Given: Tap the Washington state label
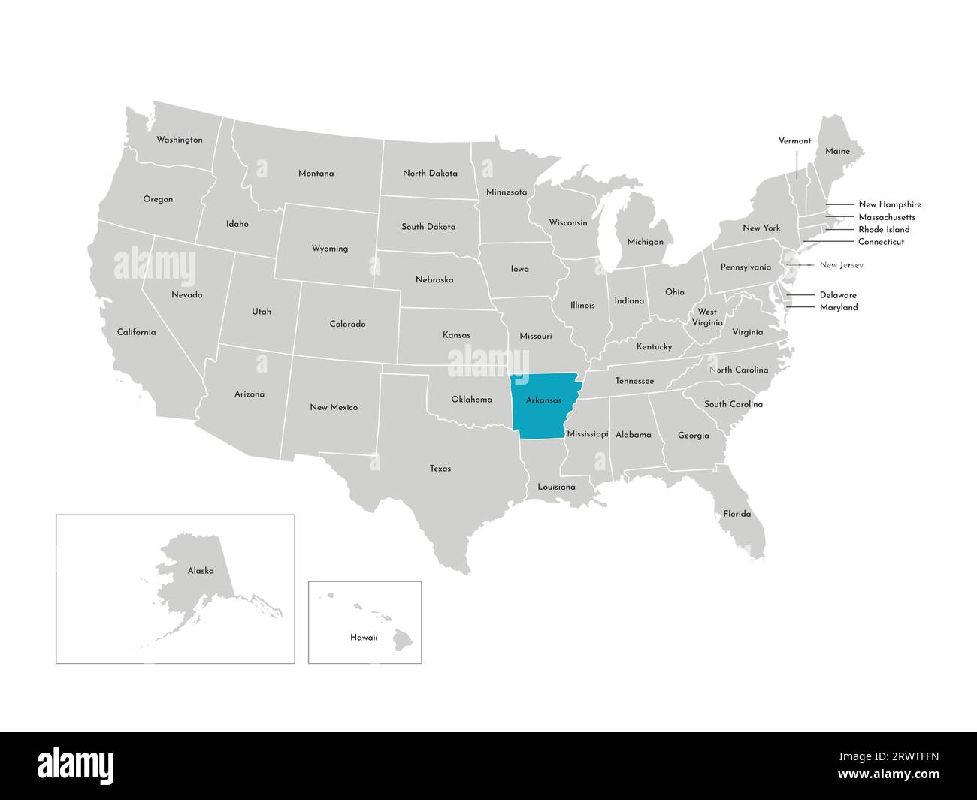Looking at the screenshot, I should [x=179, y=140].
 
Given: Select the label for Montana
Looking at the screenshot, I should [x=316, y=174].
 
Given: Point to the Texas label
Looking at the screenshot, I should [x=440, y=469].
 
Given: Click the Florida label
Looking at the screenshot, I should [x=737, y=515].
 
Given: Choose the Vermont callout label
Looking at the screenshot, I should [x=794, y=141].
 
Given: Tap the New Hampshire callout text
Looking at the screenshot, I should [x=890, y=204].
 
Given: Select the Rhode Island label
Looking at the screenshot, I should [x=884, y=230].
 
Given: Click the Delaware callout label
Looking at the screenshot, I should [x=838, y=295].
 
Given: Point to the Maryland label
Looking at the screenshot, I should [x=839, y=307].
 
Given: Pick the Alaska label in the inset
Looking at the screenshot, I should [x=201, y=571].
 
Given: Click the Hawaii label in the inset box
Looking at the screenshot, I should [x=364, y=637].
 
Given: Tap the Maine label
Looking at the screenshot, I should [x=837, y=152].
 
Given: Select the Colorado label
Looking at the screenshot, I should [x=347, y=325].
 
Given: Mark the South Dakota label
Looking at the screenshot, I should [x=428, y=227].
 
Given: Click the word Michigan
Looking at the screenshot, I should [x=646, y=242].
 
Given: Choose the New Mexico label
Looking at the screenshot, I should [x=334, y=408].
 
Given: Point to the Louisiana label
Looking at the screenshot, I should [x=556, y=488].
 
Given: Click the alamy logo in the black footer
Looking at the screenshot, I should [x=76, y=765].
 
